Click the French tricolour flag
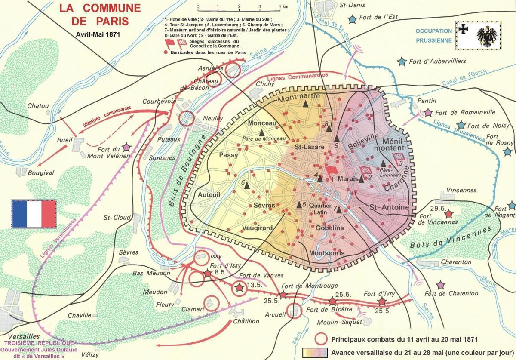(x=34, y=213)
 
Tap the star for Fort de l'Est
(x=353, y=19)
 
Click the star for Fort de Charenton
(x=440, y=285)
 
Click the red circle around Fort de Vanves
(x=238, y=288)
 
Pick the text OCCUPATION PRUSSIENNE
(x=433, y=35)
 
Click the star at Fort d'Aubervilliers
(x=402, y=62)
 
